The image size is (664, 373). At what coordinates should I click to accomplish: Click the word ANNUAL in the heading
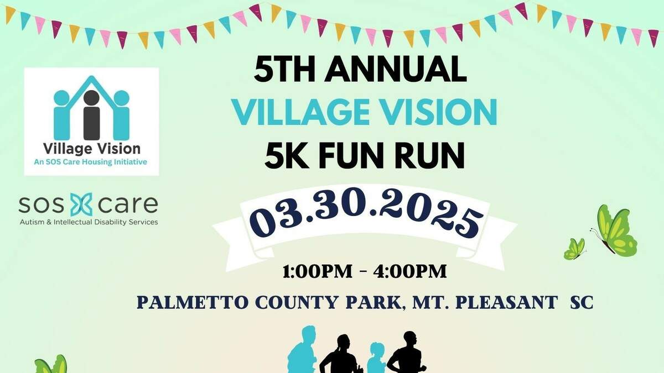click(x=396, y=69)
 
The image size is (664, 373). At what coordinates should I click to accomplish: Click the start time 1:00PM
click(x=318, y=271)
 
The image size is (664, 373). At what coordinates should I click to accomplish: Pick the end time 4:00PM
click(x=410, y=271)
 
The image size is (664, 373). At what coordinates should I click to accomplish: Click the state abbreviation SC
click(x=582, y=302)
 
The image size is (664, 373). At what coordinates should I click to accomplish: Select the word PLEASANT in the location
click(x=507, y=302)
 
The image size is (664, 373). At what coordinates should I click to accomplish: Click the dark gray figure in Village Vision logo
click(x=91, y=115)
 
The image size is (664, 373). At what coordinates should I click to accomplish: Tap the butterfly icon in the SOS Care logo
click(x=81, y=204)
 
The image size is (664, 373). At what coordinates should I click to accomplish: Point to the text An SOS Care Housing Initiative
click(x=90, y=162)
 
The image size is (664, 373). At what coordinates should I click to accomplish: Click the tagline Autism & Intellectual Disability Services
click(x=89, y=222)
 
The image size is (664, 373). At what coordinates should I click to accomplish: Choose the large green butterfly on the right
click(x=614, y=230)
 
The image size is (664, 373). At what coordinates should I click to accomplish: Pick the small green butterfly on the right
click(x=575, y=249)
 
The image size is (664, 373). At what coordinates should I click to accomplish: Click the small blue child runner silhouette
click(x=376, y=358)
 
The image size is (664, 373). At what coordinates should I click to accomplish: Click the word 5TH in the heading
click(x=284, y=69)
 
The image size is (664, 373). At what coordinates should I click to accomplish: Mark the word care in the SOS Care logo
click(x=128, y=204)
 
